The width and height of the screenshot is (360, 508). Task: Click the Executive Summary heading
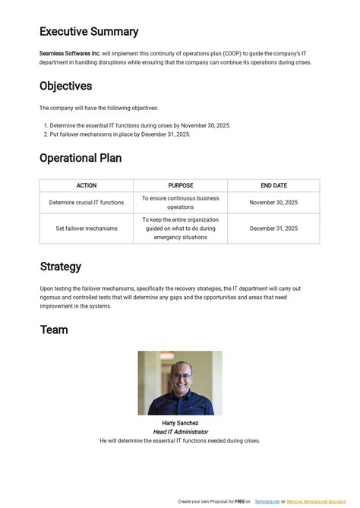click(x=89, y=32)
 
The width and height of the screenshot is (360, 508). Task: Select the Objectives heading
click(x=65, y=87)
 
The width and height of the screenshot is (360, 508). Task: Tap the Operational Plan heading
click(x=81, y=158)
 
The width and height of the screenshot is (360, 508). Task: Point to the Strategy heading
click(x=61, y=267)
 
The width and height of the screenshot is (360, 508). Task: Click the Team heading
click(x=54, y=330)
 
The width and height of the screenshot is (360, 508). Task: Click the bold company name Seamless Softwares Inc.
click(x=70, y=53)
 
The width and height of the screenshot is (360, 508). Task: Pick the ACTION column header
click(x=87, y=185)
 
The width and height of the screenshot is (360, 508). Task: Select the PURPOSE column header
click(x=180, y=185)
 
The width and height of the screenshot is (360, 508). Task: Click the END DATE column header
click(x=273, y=185)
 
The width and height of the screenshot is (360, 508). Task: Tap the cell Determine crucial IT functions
click(x=87, y=203)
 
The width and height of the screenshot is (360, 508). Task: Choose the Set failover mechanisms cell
click(x=87, y=229)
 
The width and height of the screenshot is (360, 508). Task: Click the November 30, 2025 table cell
click(x=273, y=203)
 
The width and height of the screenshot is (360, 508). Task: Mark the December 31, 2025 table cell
click(x=273, y=229)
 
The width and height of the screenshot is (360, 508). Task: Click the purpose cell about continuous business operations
click(x=180, y=203)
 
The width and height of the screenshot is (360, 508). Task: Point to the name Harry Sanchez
click(x=180, y=423)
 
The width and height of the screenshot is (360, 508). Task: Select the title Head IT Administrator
click(x=180, y=431)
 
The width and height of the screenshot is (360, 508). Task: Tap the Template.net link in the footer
click(x=266, y=501)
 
